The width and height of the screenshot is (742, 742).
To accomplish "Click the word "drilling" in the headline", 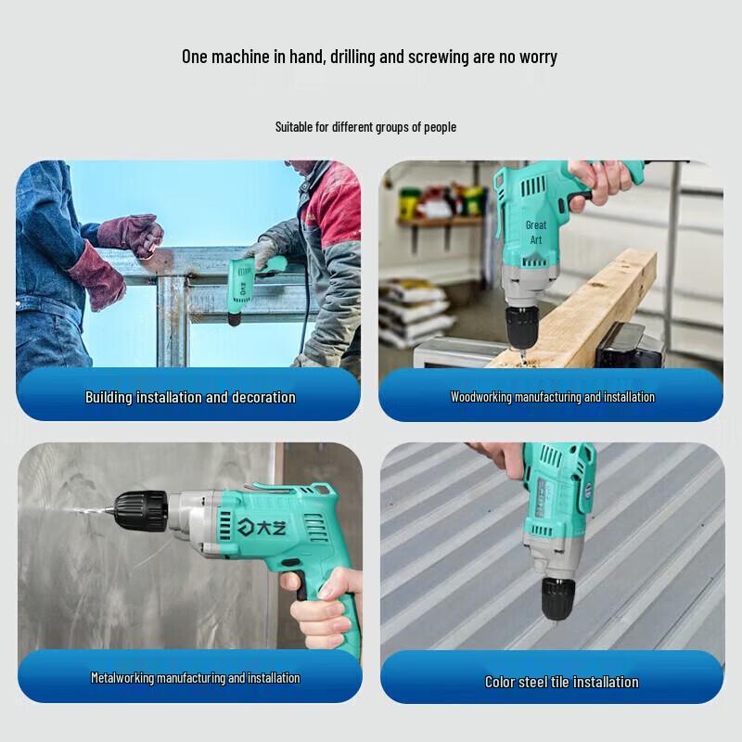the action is [353, 57].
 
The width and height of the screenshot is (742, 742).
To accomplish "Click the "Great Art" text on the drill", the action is [536, 233].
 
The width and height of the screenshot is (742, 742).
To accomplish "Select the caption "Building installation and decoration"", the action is [190, 397].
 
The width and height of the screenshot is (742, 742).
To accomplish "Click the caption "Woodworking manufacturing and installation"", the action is [552, 397].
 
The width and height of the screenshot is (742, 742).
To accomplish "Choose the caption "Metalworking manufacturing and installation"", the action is [196, 678].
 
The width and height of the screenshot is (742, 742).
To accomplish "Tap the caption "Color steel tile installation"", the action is [562, 682].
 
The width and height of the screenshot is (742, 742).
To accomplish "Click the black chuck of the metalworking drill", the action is [141, 511].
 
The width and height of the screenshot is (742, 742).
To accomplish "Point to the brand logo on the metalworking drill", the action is [262, 527].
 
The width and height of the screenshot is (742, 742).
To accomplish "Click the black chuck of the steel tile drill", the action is [558, 597].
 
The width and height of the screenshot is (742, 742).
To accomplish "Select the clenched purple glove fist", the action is [132, 235].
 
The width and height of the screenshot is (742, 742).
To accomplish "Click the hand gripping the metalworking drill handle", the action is [326, 607].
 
